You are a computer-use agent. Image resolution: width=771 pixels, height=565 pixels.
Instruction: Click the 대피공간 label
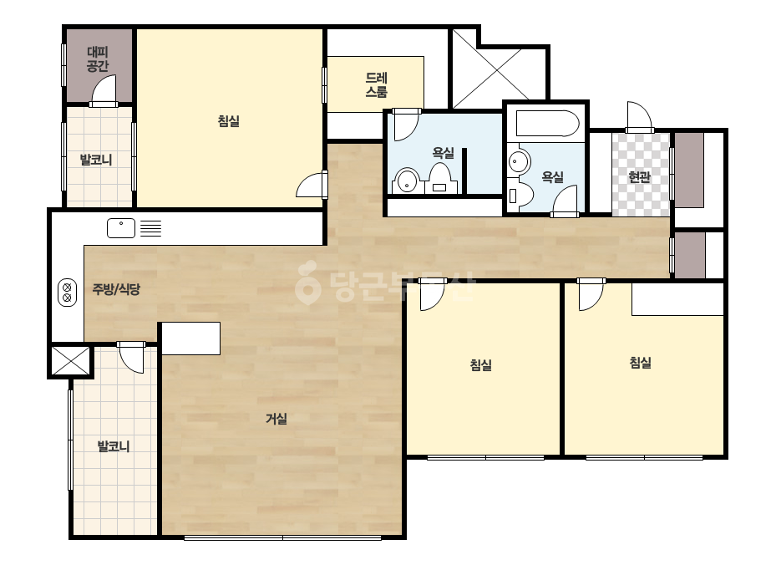tap(98, 59)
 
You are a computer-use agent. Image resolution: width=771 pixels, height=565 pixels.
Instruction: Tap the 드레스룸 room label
tap(376, 84)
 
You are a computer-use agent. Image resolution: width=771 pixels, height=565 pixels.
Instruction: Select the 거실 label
tap(276, 419)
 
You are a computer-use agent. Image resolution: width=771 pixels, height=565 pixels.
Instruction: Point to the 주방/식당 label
tap(116, 289)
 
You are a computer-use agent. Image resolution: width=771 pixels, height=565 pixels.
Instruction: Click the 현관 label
tap(639, 176)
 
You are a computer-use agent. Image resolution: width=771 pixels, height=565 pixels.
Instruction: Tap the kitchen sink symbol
tap(121, 228)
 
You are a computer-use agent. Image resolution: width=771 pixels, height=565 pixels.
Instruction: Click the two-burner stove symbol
tap(68, 293)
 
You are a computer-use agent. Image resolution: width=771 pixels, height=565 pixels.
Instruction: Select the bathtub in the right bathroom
tap(547, 123)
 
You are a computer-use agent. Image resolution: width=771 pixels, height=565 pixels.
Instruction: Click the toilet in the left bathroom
tap(440, 178)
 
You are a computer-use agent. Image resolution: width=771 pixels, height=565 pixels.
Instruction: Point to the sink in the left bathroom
tap(407, 181)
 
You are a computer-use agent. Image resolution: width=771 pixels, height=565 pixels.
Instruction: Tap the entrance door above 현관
tap(640, 117)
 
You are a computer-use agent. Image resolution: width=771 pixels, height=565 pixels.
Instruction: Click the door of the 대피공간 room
tap(104, 90)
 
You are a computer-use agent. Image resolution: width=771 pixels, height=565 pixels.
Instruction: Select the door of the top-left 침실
tap(312, 185)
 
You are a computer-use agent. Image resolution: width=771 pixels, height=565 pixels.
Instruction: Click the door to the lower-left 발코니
tap(131, 358)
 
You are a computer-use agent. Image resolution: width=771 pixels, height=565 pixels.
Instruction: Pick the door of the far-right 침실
tap(591, 295)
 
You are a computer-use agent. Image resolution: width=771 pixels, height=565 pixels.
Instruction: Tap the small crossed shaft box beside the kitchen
tap(71, 361)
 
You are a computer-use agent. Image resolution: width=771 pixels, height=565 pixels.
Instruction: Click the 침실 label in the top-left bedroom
tap(229, 121)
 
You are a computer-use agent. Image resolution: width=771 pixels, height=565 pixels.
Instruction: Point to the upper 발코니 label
tap(96, 160)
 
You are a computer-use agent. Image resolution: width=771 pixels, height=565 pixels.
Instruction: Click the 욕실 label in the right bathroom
tap(552, 176)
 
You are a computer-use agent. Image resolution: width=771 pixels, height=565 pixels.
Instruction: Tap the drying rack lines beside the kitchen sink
tap(150, 228)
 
